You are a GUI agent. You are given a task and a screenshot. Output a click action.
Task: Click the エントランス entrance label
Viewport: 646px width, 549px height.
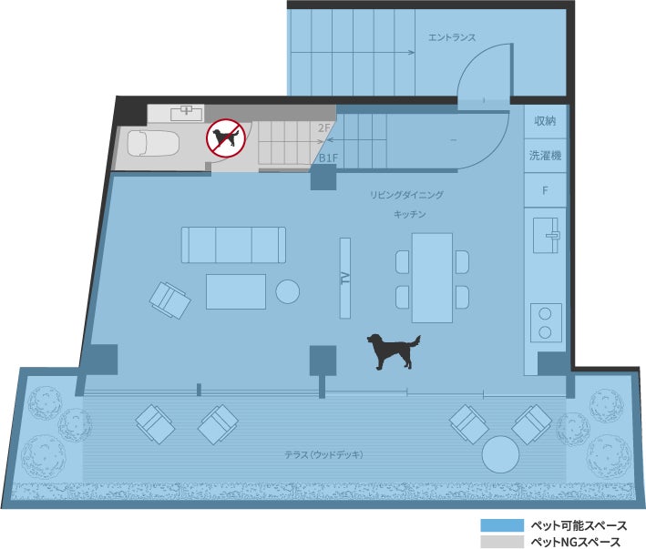coord(452,37)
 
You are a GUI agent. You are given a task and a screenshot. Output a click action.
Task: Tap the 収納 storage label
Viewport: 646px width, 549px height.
coord(545,120)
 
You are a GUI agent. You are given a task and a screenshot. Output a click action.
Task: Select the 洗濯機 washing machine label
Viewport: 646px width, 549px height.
coord(545,155)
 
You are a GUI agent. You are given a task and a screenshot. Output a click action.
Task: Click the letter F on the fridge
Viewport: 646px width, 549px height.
coord(545,190)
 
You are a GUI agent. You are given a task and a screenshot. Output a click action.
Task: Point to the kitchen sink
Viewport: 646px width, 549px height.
coord(546,236)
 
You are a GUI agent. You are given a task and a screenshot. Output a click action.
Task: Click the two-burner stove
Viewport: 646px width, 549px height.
coord(546,322)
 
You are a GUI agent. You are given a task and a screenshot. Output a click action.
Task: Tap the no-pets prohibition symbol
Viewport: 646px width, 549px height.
coord(226,138)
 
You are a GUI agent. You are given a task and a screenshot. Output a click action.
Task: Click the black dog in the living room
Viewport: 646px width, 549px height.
coord(394,351)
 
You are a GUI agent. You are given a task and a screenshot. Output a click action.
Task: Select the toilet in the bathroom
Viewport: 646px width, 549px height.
coord(153,143)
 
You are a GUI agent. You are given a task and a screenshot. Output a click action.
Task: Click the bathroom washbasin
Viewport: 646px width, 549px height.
coord(187,113)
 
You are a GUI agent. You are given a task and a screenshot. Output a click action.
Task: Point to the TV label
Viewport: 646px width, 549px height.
coord(345,279)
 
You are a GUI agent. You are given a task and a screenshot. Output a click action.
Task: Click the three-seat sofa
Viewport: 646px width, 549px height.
coord(233,245)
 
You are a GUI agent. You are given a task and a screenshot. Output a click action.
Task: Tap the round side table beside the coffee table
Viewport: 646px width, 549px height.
coord(287,291)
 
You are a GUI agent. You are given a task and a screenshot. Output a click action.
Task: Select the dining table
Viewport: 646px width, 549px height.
coord(432,278)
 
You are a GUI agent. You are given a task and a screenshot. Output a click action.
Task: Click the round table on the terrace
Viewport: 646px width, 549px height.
coord(500,454)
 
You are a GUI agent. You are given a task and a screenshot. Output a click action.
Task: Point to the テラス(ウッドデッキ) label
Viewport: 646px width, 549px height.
coord(323,454)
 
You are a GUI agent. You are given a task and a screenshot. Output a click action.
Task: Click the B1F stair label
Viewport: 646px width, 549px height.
coord(328,158)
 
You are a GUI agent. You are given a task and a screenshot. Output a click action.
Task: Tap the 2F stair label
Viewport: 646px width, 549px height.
coord(324,128)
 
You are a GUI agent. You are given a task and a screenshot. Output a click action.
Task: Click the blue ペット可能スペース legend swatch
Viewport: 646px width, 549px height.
coord(502,525)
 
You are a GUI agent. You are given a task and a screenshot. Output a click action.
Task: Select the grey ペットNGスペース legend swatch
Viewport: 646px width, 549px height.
coord(502,542)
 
